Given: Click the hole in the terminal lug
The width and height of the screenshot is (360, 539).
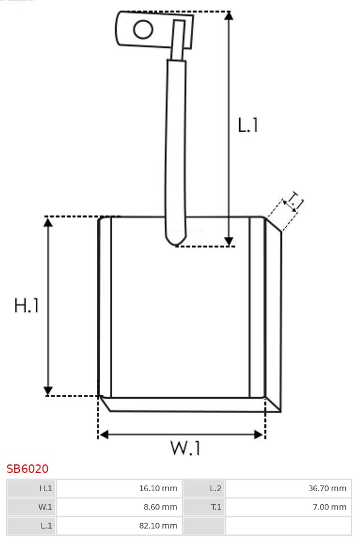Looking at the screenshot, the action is [x=143, y=29].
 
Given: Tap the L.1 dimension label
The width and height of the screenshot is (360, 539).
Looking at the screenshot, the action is [x=248, y=125].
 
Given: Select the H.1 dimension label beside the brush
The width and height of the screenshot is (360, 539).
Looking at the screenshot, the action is [x=26, y=305].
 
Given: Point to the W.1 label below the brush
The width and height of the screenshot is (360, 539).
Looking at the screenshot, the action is [x=185, y=448].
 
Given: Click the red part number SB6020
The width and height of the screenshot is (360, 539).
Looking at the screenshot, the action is [x=27, y=468].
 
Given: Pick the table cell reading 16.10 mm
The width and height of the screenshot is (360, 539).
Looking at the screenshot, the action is [x=158, y=488].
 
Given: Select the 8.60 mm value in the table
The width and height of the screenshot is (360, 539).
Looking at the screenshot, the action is [x=161, y=507].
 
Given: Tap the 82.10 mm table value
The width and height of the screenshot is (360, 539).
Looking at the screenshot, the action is [x=158, y=525].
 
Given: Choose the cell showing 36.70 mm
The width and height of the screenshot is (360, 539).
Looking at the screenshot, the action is [x=327, y=488].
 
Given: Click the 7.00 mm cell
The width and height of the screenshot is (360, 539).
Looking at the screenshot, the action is [x=329, y=507].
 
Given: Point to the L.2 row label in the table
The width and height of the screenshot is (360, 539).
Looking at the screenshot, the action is [x=215, y=488].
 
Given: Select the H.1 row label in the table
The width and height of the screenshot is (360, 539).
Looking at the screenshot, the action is [x=46, y=488].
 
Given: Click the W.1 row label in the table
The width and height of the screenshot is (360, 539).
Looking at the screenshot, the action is [x=45, y=507].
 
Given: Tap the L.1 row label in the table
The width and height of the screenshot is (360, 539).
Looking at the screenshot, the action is [x=46, y=525].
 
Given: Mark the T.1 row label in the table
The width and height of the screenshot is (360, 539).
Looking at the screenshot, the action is [x=216, y=507].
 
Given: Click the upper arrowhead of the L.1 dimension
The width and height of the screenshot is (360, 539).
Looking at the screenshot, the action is [x=229, y=15].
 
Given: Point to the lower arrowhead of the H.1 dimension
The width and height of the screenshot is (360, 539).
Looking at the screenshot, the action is [x=48, y=391].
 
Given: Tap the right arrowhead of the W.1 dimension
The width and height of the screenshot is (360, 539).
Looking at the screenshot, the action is [x=259, y=435].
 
